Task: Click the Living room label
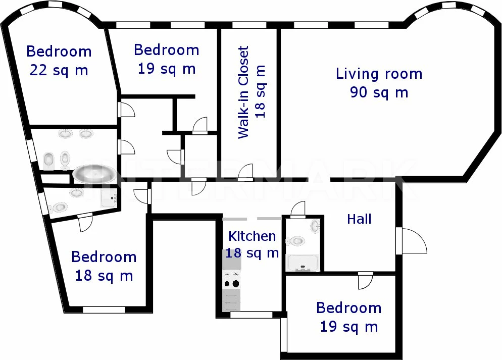click(x=379, y=74)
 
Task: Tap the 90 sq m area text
click(x=379, y=92)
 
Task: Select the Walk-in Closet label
click(x=243, y=92)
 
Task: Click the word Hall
click(x=359, y=219)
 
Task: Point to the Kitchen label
click(x=252, y=236)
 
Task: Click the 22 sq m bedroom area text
click(x=59, y=70)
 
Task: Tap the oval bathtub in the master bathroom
click(x=94, y=174)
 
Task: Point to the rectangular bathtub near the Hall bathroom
click(x=303, y=263)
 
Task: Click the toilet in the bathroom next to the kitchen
click(x=295, y=241)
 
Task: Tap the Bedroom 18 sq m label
click(x=104, y=266)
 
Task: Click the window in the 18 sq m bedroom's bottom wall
click(x=104, y=310)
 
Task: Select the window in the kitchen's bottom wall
click(x=252, y=315)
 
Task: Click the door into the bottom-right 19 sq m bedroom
click(x=365, y=281)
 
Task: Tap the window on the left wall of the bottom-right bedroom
click(x=284, y=335)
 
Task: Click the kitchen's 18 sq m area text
click(x=252, y=253)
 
